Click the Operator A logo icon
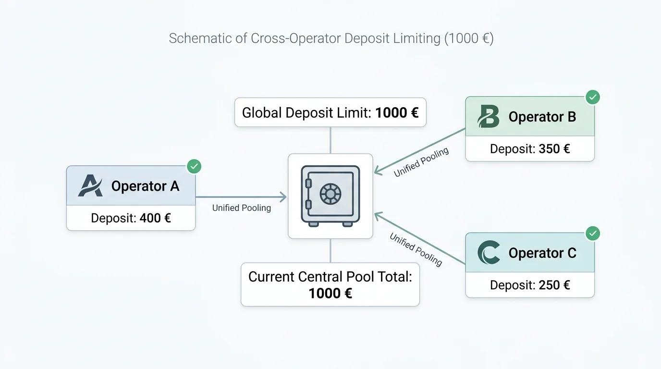coord(90,185)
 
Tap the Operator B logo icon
coord(489,116)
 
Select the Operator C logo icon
coord(489,252)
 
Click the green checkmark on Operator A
coord(194,167)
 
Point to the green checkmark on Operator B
coord(593,97)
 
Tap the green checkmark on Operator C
coord(593,234)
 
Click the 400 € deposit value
coord(155,218)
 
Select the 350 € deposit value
coord(554,149)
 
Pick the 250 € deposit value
coord(554,285)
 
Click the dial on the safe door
coord(330,194)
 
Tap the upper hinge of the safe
coord(308,184)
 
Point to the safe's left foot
coord(313,224)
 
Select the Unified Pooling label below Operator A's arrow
coord(241,208)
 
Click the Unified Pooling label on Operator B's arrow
coord(421,162)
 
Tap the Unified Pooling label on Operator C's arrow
coord(416,249)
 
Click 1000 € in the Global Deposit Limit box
coord(397,112)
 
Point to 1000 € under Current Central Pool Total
coord(330,294)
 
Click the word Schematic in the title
coord(200,38)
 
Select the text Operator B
coord(542,117)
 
